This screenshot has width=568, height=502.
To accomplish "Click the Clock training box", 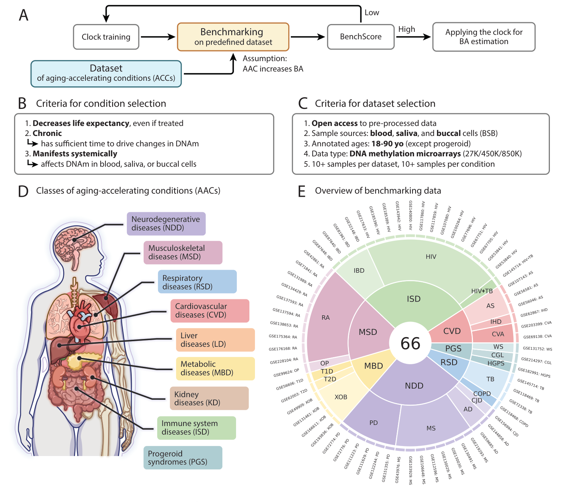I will pyautogui.click(x=106, y=37).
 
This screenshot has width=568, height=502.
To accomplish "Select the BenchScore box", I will pyautogui.click(x=360, y=37).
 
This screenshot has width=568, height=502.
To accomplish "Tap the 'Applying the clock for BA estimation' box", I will pyautogui.click(x=484, y=37).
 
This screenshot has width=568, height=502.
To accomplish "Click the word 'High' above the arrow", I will pyautogui.click(x=406, y=29).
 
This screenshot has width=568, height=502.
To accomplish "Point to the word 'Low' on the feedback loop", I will pyautogui.click(x=372, y=13).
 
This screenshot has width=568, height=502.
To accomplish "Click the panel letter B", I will pyautogui.click(x=22, y=104).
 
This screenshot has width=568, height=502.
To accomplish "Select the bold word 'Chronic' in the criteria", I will pyautogui.click(x=47, y=133).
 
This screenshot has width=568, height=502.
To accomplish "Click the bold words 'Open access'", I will pyautogui.click(x=334, y=123).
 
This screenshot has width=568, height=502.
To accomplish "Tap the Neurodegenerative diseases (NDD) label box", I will pyautogui.click(x=166, y=224).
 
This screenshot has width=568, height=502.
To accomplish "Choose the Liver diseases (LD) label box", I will pyautogui.click(x=215, y=340).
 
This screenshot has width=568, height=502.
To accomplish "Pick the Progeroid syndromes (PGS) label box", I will pyautogui.click(x=183, y=458).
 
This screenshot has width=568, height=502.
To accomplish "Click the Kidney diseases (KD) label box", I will pyautogui.click(x=209, y=398).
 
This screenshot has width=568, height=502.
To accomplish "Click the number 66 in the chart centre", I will pyautogui.click(x=410, y=344).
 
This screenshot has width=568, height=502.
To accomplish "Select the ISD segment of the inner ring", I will pyautogui.click(x=413, y=299).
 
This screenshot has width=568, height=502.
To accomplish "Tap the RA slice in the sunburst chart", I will pyautogui.click(x=326, y=318).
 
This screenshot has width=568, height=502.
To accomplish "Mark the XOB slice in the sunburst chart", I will pyautogui.click(x=340, y=397).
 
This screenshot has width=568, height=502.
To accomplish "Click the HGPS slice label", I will pyautogui.click(x=495, y=363).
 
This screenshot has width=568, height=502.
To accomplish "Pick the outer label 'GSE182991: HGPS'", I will pyautogui.click(x=534, y=373).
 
